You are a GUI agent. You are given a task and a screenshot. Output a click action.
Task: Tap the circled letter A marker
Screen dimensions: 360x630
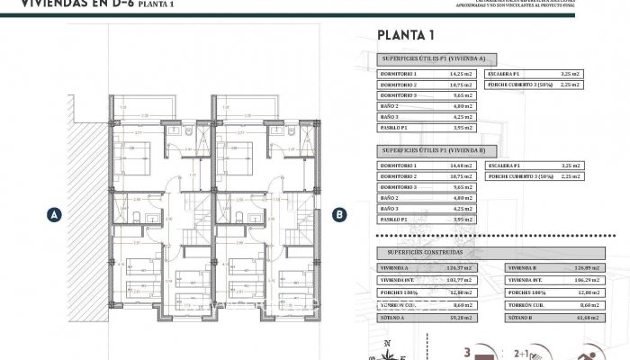point(55,214)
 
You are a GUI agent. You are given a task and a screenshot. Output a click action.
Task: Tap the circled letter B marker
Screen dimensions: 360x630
point(339,214)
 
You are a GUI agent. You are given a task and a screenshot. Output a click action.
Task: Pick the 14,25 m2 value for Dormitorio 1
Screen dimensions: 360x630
point(460,74)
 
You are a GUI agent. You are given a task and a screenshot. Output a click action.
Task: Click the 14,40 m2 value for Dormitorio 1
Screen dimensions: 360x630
point(460,166)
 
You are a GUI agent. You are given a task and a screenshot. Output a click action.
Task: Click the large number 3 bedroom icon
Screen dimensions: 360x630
point(470,351)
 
